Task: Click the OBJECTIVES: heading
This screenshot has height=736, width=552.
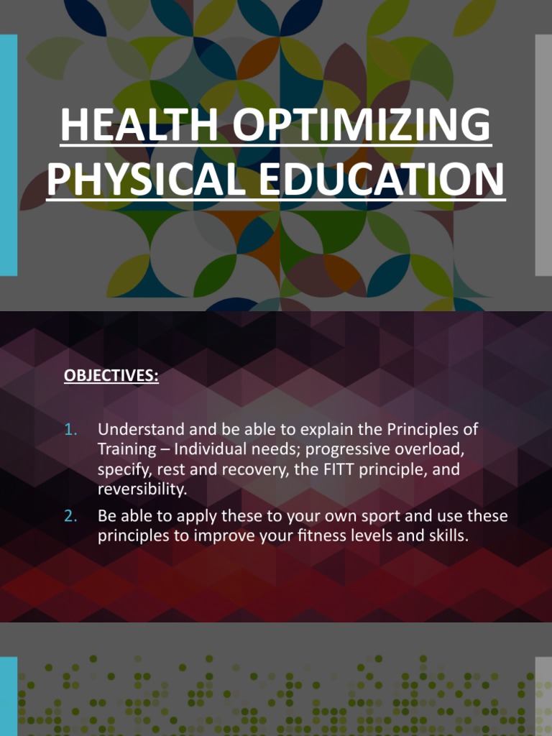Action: pyautogui.click(x=111, y=376)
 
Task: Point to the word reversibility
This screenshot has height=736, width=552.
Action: pyautogui.click(x=140, y=489)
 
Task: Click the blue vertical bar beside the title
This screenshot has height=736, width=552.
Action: pyautogui.click(x=8, y=155)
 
